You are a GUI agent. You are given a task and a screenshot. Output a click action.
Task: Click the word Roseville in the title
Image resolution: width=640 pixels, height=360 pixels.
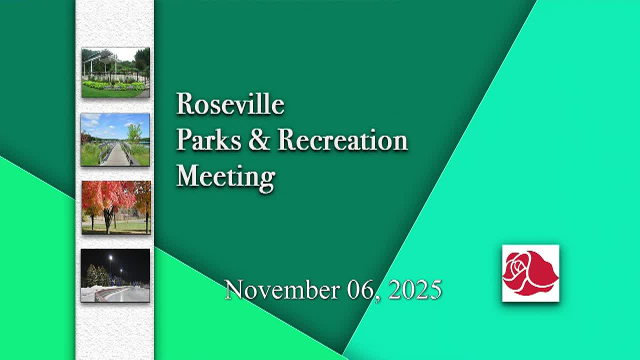click(230, 104)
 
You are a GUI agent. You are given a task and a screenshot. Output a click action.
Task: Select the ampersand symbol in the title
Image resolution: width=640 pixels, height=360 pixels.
click(258, 140)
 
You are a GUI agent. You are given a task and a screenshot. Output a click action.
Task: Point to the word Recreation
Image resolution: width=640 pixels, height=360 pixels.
click(342, 140)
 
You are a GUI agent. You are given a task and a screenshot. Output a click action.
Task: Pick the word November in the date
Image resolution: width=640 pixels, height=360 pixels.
click(283, 289)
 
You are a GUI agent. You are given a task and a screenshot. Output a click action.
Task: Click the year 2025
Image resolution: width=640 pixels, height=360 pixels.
click(415, 289)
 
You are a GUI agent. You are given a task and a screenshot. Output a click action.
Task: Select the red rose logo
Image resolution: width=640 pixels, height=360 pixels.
click(530, 273)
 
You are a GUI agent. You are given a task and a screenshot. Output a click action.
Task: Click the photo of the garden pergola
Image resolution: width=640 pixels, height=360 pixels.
click(115, 72)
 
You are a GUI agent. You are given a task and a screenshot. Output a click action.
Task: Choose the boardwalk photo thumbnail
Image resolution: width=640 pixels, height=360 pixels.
click(115, 139)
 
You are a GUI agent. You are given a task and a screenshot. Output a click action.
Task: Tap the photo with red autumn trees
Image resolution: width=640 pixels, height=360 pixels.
click(115, 207)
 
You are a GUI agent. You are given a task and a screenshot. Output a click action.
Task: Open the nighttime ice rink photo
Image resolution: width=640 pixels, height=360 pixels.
click(115, 275)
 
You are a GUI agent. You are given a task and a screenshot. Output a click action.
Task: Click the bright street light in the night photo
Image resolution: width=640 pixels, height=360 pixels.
click(110, 258)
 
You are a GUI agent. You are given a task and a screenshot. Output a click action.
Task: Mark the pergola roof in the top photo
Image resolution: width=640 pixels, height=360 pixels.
click(100, 57)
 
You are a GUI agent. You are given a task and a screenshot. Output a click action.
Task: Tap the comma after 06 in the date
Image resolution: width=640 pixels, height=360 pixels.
click(378, 297)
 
